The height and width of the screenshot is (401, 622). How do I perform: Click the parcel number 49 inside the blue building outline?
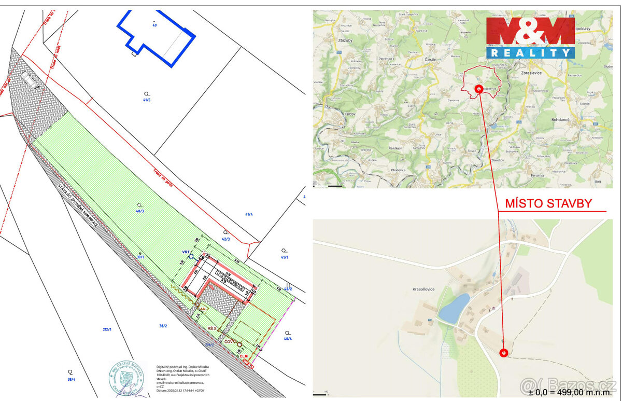point(154,24)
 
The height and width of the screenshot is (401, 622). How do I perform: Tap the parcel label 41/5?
point(147,100)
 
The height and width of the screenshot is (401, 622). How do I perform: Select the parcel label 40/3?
point(139,211)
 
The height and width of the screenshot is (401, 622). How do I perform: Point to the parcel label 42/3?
point(225,239)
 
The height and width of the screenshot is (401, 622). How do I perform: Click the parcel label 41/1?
point(284,257)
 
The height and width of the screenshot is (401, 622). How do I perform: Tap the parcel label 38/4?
point(70,379)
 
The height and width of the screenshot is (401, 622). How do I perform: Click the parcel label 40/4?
point(288,338)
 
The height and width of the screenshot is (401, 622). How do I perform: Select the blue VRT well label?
point(186,252)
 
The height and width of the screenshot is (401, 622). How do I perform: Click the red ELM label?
point(243,356)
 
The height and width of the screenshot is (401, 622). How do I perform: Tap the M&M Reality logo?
point(530,37)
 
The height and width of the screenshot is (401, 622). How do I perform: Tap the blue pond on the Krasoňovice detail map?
point(454,308)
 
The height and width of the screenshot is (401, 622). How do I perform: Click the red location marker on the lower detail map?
point(503,353)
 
